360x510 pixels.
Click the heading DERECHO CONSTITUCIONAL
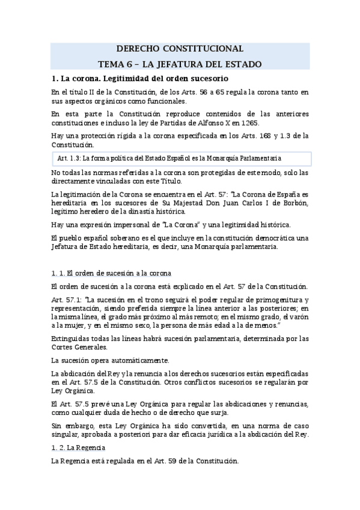pyautogui.click(x=180, y=48)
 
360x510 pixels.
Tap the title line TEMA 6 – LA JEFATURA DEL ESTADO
pyautogui.click(x=180, y=64)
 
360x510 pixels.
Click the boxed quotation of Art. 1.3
pyautogui.click(x=181, y=159)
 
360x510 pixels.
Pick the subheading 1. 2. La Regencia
pyautogui.click(x=79, y=448)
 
